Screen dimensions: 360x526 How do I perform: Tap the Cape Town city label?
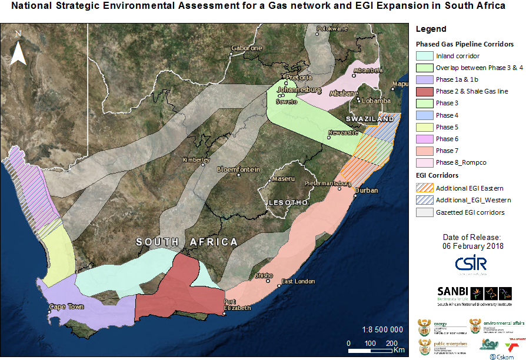[x=65, y=307]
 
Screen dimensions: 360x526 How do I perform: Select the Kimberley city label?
[x=196, y=160]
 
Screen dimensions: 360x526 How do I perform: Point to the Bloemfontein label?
[x=238, y=169]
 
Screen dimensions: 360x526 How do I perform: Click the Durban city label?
[x=365, y=191]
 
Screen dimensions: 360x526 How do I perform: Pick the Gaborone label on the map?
[x=247, y=48]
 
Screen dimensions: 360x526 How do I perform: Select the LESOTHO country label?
[x=288, y=202]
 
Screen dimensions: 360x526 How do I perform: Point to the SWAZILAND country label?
[x=369, y=119]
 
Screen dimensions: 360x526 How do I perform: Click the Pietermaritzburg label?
[x=328, y=184]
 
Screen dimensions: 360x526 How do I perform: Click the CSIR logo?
[x=471, y=264]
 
